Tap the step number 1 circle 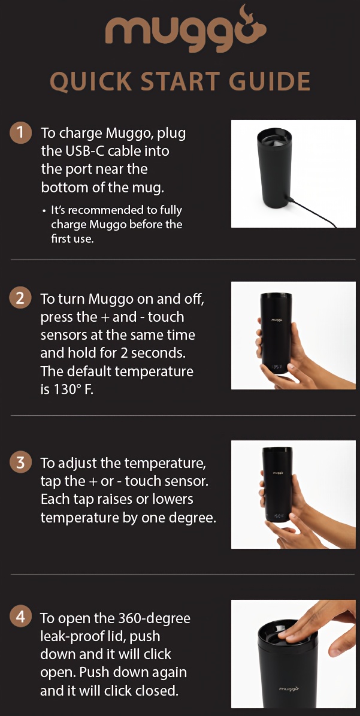20,132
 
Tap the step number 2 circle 20,298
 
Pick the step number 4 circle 20,618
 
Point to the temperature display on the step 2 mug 276,366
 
